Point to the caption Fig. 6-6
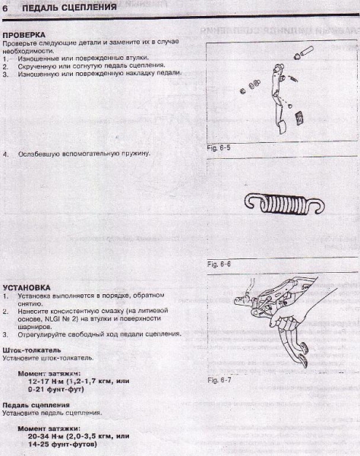click(x=219, y=264)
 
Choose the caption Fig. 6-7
click(x=219, y=378)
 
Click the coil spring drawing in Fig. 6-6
click(x=277, y=201)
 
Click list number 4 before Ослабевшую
click(x=5, y=154)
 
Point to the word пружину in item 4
click(x=133, y=154)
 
